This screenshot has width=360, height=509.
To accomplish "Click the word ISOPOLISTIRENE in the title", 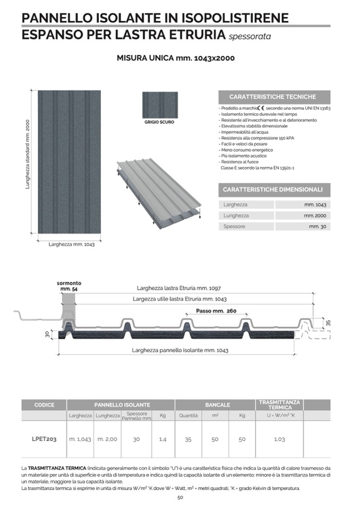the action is [x=235, y=18].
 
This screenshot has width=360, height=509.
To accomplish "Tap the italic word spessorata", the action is [x=250, y=36].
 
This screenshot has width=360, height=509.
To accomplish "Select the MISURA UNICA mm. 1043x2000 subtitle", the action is [x=176, y=58].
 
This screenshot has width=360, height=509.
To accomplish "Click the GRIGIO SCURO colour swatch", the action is [x=160, y=105].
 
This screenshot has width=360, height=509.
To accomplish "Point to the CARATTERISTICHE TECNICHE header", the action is [x=273, y=97].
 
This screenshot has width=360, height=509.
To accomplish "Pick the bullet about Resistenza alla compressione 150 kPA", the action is [x=256, y=138].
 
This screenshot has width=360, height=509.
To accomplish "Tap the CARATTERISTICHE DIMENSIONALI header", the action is [x=273, y=189].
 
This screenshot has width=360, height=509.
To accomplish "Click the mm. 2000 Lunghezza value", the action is [x=315, y=215].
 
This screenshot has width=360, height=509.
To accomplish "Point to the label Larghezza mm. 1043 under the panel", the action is [x=71, y=245].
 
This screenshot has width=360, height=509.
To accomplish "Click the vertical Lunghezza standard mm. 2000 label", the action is [x=28, y=154].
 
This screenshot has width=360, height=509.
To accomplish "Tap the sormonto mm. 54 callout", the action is [x=69, y=286].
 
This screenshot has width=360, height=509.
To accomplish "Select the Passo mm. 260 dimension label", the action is [x=216, y=311].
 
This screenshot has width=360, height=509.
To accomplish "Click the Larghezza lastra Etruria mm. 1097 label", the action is [x=179, y=288].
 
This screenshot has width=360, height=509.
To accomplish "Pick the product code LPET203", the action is [x=44, y=439].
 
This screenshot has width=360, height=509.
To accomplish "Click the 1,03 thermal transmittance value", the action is [x=279, y=439].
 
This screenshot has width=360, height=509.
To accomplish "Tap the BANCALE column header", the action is [x=218, y=405].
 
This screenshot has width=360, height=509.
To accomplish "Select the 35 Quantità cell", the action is [x=188, y=439].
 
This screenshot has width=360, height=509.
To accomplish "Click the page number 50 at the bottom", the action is [x=180, y=497].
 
